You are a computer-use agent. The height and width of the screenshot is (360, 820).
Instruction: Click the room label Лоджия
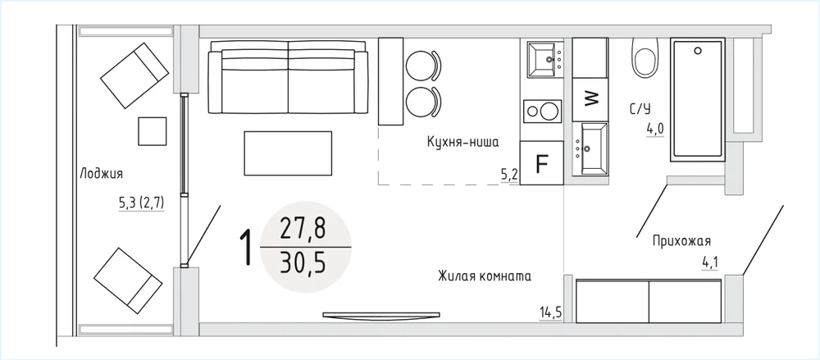(102, 174)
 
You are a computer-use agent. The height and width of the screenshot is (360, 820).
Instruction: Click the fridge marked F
(542, 162)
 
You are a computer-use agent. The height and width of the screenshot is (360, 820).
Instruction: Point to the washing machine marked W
(590, 98)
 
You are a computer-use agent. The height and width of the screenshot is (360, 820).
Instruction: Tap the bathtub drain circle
(697, 51)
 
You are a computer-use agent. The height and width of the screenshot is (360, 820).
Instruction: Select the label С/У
(640, 109)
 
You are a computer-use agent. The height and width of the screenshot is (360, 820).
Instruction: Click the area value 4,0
(654, 129)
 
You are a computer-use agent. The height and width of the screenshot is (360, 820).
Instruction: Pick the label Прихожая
(681, 241)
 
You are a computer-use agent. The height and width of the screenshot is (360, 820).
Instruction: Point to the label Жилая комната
(485, 276)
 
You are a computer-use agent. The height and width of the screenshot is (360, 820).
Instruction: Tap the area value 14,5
(551, 313)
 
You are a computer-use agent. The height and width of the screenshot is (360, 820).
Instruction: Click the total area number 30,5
(303, 263)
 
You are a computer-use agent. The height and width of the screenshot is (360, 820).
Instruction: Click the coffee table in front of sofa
(288, 153)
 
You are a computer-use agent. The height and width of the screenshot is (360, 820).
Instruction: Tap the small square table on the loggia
(153, 131)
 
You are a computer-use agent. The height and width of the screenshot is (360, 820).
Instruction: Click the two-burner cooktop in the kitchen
(542, 112)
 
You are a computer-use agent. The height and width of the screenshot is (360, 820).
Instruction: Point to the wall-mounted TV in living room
(381, 315)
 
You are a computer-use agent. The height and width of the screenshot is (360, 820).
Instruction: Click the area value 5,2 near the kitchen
(509, 175)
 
